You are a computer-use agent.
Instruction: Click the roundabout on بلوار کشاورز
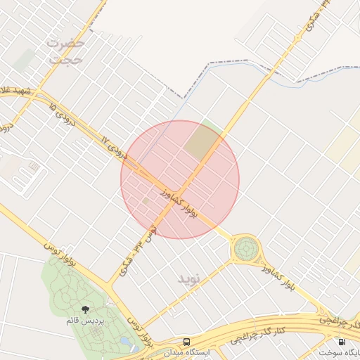[245, 247]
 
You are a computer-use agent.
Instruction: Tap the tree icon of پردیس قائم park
[86, 309]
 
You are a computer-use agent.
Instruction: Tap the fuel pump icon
[342, 342]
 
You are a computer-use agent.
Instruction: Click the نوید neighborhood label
[190, 278]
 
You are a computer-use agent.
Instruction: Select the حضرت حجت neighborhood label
[65, 51]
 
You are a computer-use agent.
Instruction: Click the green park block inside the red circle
[202, 140]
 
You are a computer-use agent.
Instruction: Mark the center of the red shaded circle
[180, 179]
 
